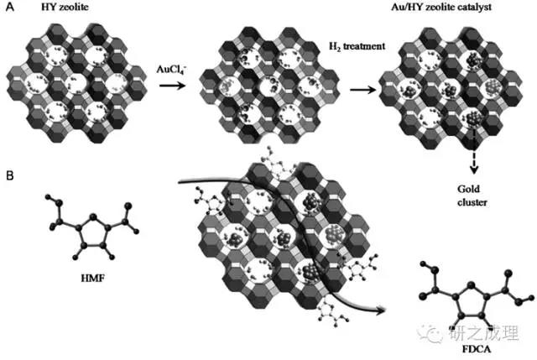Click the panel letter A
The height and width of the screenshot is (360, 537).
click(x=10, y=7)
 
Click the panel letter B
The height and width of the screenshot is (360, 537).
click(x=10, y=175)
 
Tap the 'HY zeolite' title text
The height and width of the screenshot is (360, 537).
click(x=65, y=7)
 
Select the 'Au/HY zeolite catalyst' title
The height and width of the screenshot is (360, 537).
click(x=441, y=7)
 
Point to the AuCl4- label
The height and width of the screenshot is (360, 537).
click(x=171, y=70)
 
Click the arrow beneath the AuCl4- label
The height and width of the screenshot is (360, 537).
click(x=172, y=85)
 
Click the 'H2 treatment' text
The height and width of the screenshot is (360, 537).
click(x=357, y=46)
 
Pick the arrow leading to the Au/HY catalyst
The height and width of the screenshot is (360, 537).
click(x=363, y=90)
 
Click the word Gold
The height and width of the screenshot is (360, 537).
click(x=468, y=189)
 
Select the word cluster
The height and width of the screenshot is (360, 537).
click(x=472, y=202)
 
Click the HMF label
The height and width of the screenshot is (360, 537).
click(x=92, y=278)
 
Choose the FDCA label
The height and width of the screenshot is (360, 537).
click(x=477, y=349)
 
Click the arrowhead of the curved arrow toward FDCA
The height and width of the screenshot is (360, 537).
click(x=381, y=310)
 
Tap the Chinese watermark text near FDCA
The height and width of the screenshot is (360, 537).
click(x=483, y=332)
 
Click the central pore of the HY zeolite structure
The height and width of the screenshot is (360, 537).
click(x=76, y=83)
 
